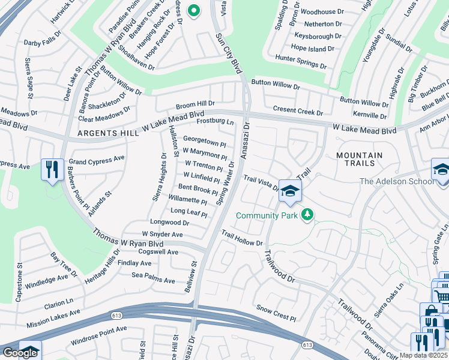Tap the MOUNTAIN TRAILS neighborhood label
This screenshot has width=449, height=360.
click(360, 159)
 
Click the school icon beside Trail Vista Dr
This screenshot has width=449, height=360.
click(290, 191)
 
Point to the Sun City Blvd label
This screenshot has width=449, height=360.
click(229, 54)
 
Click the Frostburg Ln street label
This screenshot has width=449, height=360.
click(215, 122)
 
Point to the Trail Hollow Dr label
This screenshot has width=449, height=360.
click(242, 238)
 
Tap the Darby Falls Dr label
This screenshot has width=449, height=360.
click(43, 43)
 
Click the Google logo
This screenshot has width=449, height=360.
click(20, 353)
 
